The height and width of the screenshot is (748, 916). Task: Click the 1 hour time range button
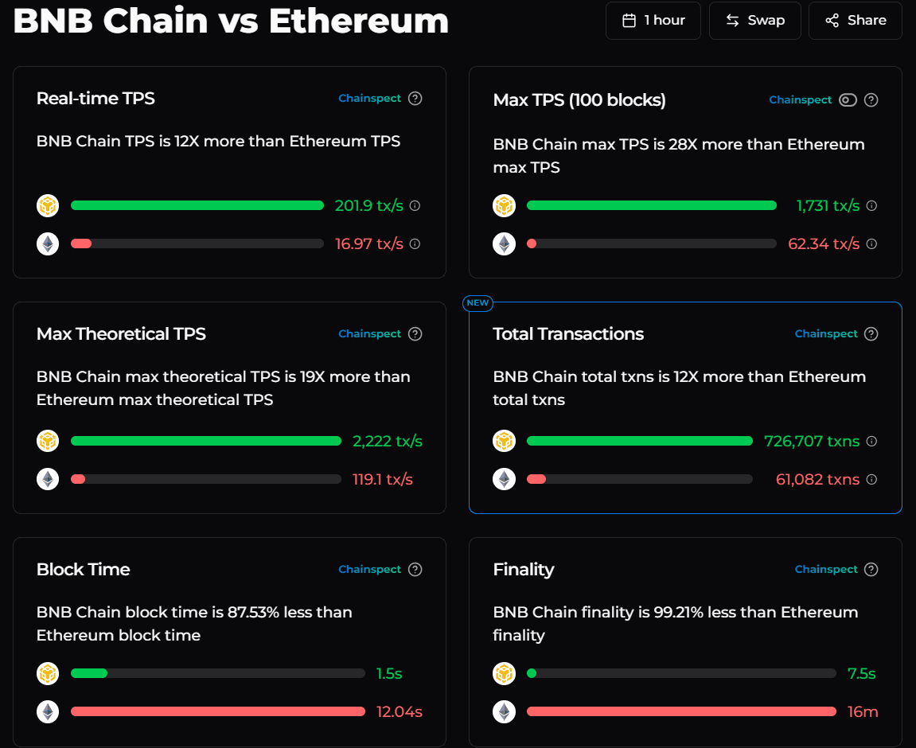click(x=653, y=21)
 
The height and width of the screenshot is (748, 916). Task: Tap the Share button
click(x=855, y=21)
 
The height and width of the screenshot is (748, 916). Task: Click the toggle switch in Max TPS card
click(x=848, y=100)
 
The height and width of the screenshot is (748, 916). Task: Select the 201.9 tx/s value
click(x=369, y=206)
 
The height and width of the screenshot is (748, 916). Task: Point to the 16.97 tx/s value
click(x=369, y=244)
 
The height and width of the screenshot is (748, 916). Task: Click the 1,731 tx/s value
click(x=828, y=206)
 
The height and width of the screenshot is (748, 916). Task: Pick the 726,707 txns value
click(x=812, y=442)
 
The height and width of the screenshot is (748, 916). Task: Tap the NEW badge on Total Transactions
click(x=477, y=303)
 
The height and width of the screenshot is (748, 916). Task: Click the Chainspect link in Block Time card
click(x=370, y=570)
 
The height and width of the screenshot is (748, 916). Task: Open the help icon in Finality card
click(x=871, y=570)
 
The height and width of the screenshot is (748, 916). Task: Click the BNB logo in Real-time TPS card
click(x=48, y=206)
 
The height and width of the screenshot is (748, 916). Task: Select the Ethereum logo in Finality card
click(x=504, y=711)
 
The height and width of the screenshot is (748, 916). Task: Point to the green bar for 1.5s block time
click(x=89, y=673)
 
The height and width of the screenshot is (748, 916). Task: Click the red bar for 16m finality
click(x=681, y=711)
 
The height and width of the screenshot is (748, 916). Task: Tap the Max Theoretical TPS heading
click(x=121, y=334)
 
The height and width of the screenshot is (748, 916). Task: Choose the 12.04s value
click(x=400, y=712)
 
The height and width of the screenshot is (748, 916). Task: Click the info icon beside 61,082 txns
click(x=871, y=480)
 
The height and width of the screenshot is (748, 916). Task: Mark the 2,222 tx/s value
click(x=388, y=442)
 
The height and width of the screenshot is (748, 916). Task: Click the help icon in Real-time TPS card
click(x=415, y=99)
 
